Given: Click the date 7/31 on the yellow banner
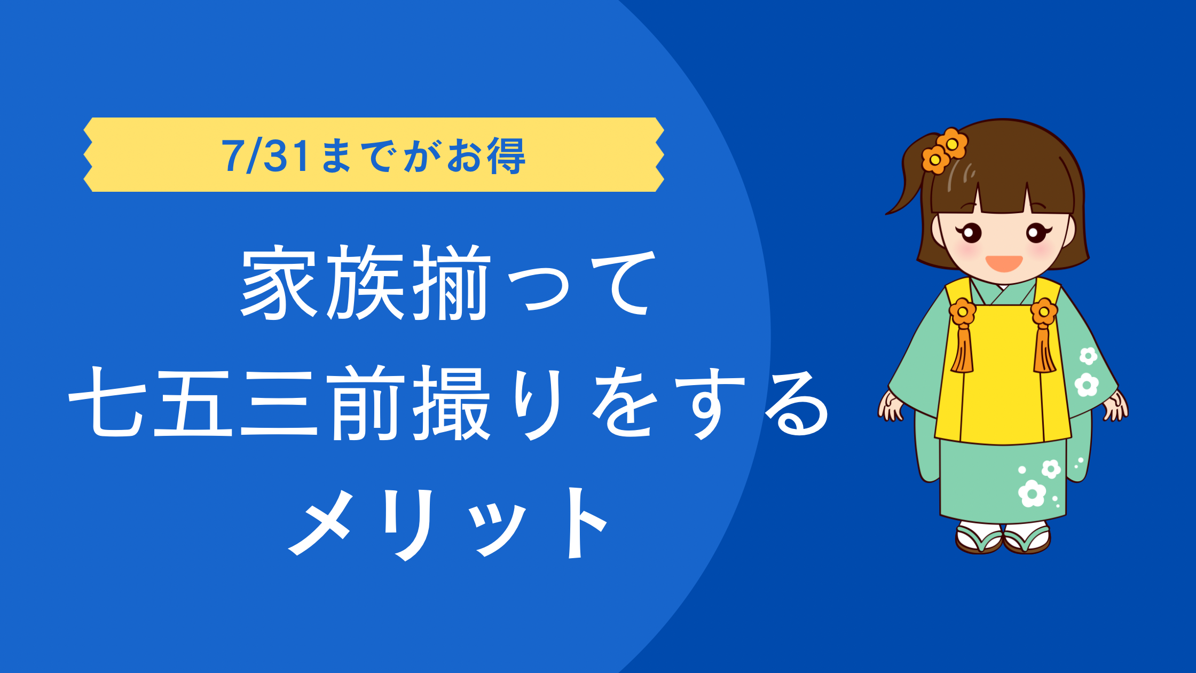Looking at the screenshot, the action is (x=266, y=156).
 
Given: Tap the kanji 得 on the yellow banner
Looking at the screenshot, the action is (x=506, y=156).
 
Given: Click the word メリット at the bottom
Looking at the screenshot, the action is (x=448, y=523).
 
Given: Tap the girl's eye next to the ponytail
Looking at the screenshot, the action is (x=971, y=233).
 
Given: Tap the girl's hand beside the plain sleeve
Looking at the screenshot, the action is (x=891, y=406).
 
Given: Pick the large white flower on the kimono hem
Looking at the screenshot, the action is (x=1032, y=493).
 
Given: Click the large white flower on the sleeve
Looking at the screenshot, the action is (x=1087, y=385).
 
